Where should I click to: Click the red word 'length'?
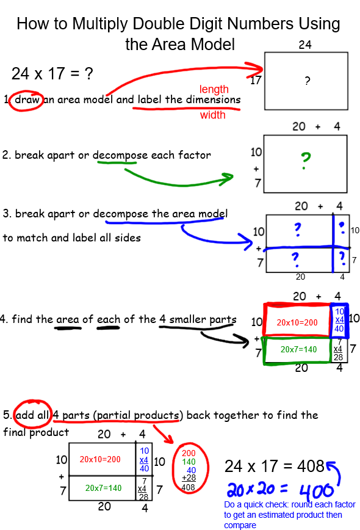pyautogui.click(x=214, y=89)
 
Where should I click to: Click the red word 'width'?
pyautogui.click(x=213, y=115)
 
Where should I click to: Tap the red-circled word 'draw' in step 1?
pyautogui.click(x=27, y=100)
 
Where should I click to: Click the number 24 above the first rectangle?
pyautogui.click(x=305, y=45)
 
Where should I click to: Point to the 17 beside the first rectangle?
pyautogui.click(x=256, y=80)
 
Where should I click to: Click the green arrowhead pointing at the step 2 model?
pyautogui.click(x=227, y=178)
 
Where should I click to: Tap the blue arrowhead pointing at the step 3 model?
pyautogui.click(x=246, y=241)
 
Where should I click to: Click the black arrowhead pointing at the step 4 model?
pyautogui.click(x=242, y=341)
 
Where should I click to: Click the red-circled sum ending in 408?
pyautogui.click(x=190, y=468)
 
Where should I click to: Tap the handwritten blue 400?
pyautogui.click(x=316, y=491)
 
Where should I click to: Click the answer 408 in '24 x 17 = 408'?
pyautogui.click(x=311, y=466)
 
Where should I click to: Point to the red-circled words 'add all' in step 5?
pyautogui.click(x=32, y=415)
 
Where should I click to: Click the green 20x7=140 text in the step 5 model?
pyautogui.click(x=103, y=488)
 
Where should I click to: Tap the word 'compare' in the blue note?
pyautogui.click(x=240, y=525)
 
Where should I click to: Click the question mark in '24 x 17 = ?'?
pyautogui.click(x=88, y=73)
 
